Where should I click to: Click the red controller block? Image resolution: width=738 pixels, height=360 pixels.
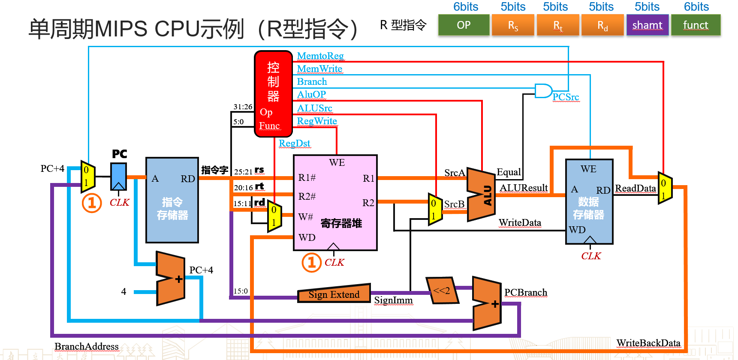coord(273,94)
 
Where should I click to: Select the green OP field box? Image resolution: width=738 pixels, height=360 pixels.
coord(464,25)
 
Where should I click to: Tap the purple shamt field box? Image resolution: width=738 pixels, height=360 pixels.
coord(647,25)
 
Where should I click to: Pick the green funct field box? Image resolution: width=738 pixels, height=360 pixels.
coord(696,25)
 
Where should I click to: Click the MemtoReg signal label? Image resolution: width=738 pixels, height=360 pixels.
coord(320,56)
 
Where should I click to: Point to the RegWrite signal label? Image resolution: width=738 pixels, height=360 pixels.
coord(317,121)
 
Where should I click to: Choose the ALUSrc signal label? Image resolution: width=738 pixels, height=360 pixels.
coord(315,108)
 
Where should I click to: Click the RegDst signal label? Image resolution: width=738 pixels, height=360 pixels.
coord(294,143)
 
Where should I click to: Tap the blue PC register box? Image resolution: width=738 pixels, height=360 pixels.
coord(119,176)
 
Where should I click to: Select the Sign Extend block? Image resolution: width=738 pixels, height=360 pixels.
coord(334,294)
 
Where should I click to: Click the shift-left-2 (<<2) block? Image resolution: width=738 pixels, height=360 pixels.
coord(442,291)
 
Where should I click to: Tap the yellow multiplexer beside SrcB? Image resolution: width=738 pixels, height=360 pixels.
coord(435,209)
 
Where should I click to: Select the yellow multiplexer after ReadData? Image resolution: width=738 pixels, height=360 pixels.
coord(665,189)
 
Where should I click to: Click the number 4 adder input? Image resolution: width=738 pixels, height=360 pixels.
coord(124,292)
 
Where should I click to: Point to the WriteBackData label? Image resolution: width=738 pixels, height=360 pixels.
coord(648,343)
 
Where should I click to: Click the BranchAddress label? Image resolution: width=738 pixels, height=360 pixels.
coord(87,346)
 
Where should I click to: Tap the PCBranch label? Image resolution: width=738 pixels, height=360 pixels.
coord(526,292)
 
